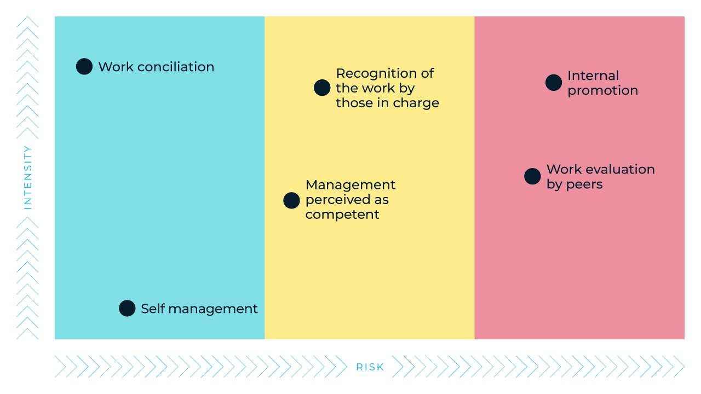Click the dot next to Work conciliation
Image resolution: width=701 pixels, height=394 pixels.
(x=84, y=66)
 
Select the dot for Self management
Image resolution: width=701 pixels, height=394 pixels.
(x=127, y=308)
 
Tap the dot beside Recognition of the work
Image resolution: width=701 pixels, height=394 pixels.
(x=322, y=88)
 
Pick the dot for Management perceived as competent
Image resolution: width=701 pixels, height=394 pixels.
(x=291, y=200)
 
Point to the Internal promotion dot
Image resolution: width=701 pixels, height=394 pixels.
(x=554, y=83)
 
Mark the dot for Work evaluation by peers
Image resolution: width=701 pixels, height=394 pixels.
(x=532, y=176)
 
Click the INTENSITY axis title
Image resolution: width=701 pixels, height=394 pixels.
(x=27, y=178)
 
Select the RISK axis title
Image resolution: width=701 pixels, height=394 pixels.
(x=370, y=367)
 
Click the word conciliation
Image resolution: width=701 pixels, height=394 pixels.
(x=176, y=67)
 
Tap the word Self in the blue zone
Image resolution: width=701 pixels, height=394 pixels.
(x=153, y=309)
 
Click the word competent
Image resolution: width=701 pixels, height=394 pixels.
(x=342, y=215)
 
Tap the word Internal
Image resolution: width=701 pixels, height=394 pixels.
(x=593, y=76)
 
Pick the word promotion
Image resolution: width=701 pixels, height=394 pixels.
(x=603, y=91)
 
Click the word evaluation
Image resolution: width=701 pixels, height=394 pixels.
(x=620, y=169)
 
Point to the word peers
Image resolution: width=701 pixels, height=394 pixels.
(x=584, y=185)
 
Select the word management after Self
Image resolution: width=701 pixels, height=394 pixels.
(x=213, y=310)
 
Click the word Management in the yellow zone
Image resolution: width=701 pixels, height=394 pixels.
(x=350, y=185)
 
